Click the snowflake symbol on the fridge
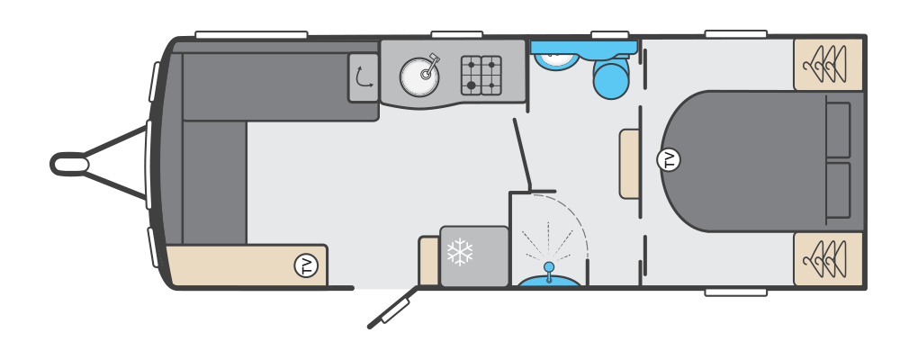(x=460, y=252)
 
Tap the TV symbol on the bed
(x=669, y=160)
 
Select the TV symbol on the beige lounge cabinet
(x=306, y=265)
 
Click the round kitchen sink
(x=419, y=76)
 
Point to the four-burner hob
(x=481, y=75)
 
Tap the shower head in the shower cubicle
(x=549, y=268)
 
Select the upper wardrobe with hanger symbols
(x=828, y=65)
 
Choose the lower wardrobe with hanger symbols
(x=828, y=258)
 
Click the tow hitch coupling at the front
(x=69, y=164)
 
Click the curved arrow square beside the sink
(x=364, y=78)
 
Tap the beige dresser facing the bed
(x=629, y=165)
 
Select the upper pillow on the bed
(x=838, y=130)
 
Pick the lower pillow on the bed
(x=838, y=191)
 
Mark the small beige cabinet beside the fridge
(x=429, y=261)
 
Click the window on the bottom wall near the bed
(x=736, y=292)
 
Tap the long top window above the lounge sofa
(x=251, y=34)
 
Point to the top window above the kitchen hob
(x=456, y=34)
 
